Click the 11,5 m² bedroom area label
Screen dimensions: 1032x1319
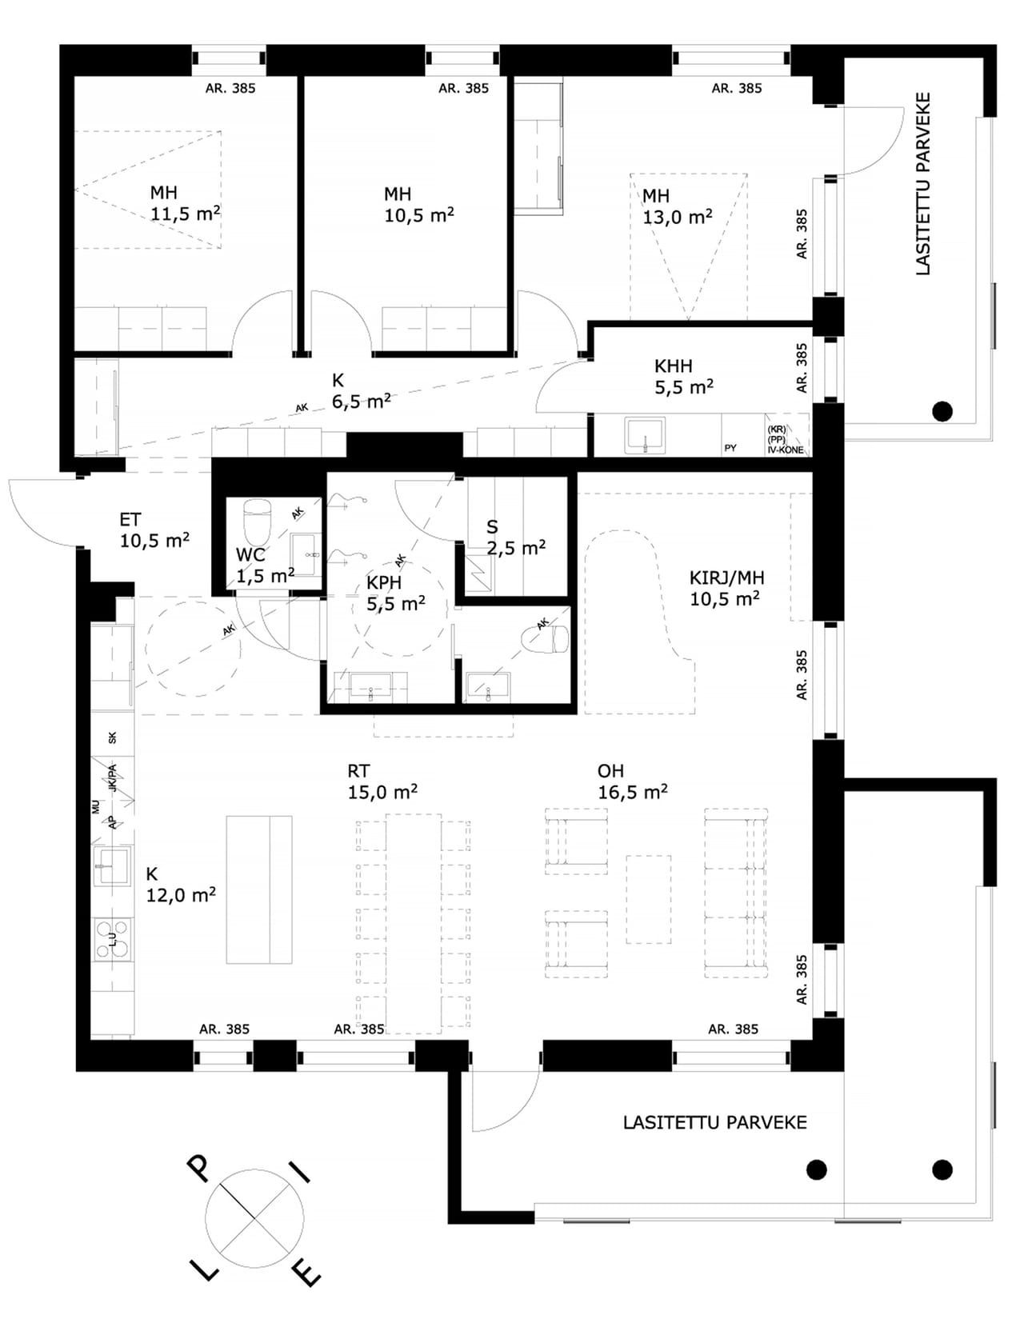click(x=185, y=214)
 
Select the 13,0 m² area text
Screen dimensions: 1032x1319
click(x=678, y=217)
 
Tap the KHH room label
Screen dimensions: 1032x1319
click(x=674, y=366)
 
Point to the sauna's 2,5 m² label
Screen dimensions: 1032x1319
click(x=516, y=547)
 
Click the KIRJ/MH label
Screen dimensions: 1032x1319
click(x=726, y=578)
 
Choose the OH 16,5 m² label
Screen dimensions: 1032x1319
click(x=633, y=781)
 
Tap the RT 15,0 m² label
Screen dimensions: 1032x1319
click(x=382, y=781)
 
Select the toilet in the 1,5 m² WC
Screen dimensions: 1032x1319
click(x=256, y=522)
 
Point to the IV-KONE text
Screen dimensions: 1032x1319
click(x=786, y=450)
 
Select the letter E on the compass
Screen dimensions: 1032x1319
click(x=307, y=1273)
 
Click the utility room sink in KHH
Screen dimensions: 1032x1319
click(x=645, y=435)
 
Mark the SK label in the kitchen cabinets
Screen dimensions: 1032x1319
click(x=112, y=738)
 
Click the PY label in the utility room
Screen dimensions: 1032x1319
click(x=730, y=448)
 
